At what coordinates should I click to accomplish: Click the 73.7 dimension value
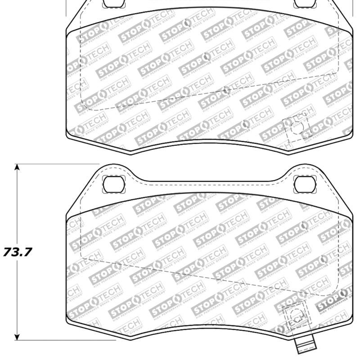click(18, 252)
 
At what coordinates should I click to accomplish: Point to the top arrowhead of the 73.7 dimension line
click(17, 167)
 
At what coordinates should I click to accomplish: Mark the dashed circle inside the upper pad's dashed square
click(296, 127)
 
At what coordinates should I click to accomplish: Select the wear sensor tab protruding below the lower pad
click(301, 346)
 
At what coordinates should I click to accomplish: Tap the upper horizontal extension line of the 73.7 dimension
click(54, 164)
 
